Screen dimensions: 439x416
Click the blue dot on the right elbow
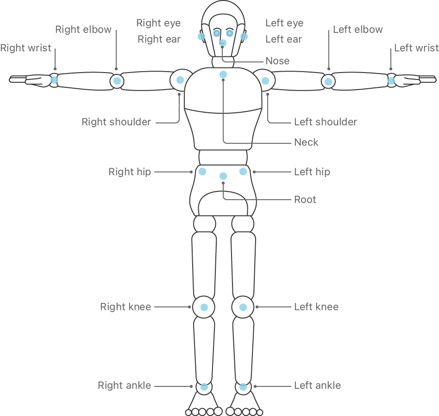pyautogui.click(x=117, y=81)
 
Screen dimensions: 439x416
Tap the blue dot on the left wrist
pyautogui.click(x=391, y=81)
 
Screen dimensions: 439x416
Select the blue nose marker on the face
pyautogui.click(x=223, y=43)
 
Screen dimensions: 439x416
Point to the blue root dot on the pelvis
pyautogui.click(x=223, y=176)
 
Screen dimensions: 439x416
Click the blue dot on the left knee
pyautogui.click(x=243, y=307)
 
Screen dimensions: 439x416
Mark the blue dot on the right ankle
pyautogui.click(x=204, y=387)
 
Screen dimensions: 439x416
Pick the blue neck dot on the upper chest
pyautogui.click(x=223, y=74)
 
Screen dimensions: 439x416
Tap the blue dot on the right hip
pyautogui.click(x=202, y=171)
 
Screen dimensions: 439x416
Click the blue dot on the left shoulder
pyautogui.click(x=265, y=81)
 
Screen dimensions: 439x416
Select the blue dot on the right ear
pyautogui.click(x=201, y=37)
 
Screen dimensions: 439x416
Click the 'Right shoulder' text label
pyautogui.click(x=116, y=122)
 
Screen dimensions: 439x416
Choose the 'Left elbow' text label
pyautogui.click(x=358, y=29)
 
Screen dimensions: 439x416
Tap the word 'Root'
pyautogui.click(x=305, y=200)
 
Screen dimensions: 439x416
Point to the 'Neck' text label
pyautogui.click(x=306, y=142)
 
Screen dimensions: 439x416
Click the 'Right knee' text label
pyautogui.click(x=125, y=307)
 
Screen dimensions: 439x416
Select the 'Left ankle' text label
pyautogui.click(x=318, y=385)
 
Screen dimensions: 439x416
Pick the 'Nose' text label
pyautogui.click(x=277, y=61)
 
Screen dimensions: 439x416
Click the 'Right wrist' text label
pyautogui.click(x=26, y=48)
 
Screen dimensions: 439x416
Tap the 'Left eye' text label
pyautogui.click(x=284, y=23)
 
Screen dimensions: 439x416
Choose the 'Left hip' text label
pyautogui.click(x=312, y=172)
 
